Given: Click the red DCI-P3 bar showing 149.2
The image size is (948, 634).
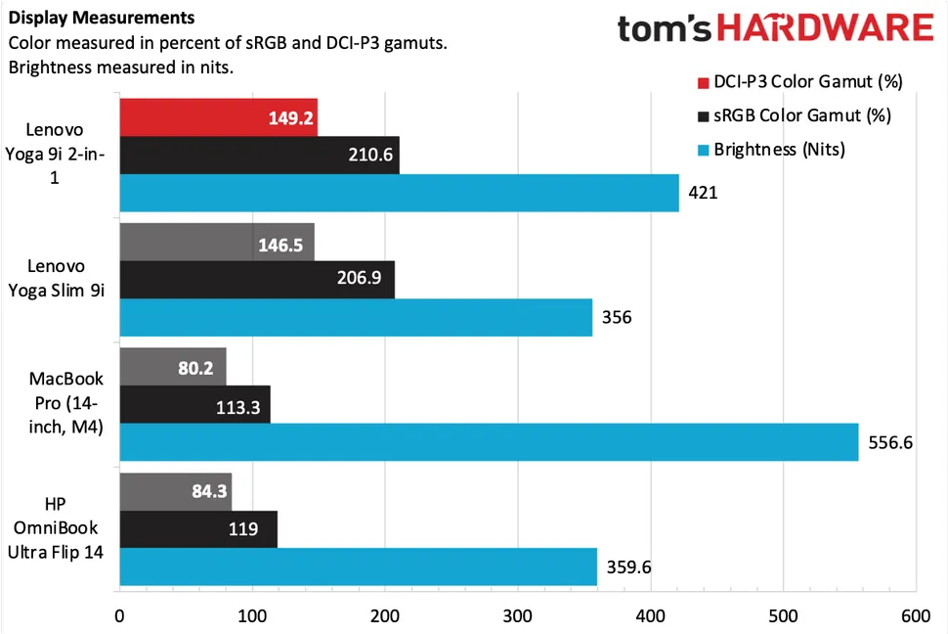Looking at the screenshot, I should (x=218, y=118).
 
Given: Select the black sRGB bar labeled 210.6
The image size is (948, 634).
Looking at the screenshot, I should (x=259, y=156).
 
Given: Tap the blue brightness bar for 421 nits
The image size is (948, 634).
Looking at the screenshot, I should (x=399, y=193).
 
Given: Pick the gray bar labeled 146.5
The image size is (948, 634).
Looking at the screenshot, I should (x=217, y=241).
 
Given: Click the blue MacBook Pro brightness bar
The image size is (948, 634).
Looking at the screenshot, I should (x=489, y=442).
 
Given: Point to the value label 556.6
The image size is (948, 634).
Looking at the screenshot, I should (x=889, y=442).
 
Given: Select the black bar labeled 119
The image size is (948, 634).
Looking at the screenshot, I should (x=198, y=529).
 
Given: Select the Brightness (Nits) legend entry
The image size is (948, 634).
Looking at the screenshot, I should (x=781, y=150).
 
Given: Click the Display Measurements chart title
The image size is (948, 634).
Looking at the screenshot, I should (x=101, y=18).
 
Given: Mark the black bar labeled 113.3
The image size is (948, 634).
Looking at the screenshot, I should (x=194, y=404).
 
